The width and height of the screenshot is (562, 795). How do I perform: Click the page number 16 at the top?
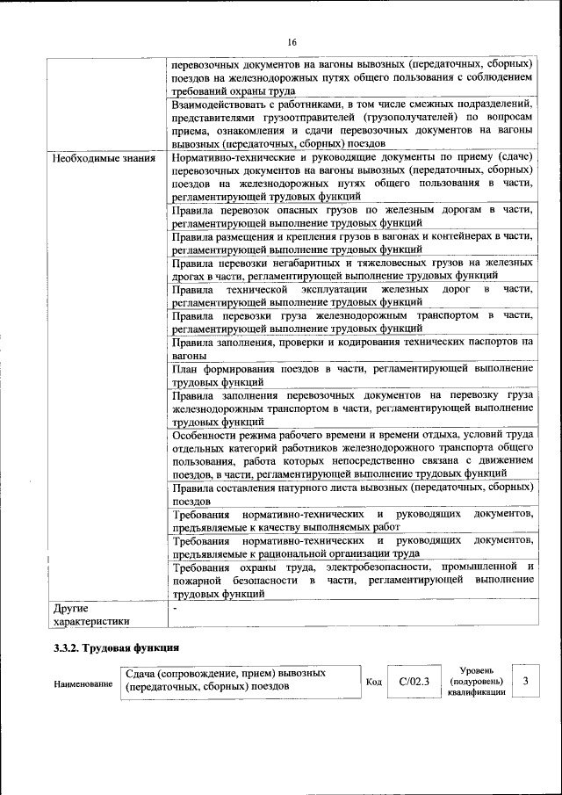coord(292,42)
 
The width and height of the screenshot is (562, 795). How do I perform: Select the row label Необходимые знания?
coord(104,159)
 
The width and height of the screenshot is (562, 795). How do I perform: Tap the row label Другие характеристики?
coord(91,614)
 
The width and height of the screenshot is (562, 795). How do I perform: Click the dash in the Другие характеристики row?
coord(176,607)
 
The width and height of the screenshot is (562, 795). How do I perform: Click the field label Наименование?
coord(83,683)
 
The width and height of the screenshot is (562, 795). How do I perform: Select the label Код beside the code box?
coord(373,681)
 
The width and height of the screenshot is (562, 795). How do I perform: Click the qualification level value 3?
coord(525,681)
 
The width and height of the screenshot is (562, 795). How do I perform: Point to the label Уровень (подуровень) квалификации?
coord(475,681)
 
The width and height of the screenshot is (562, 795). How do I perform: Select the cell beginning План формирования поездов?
coord(351,375)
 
